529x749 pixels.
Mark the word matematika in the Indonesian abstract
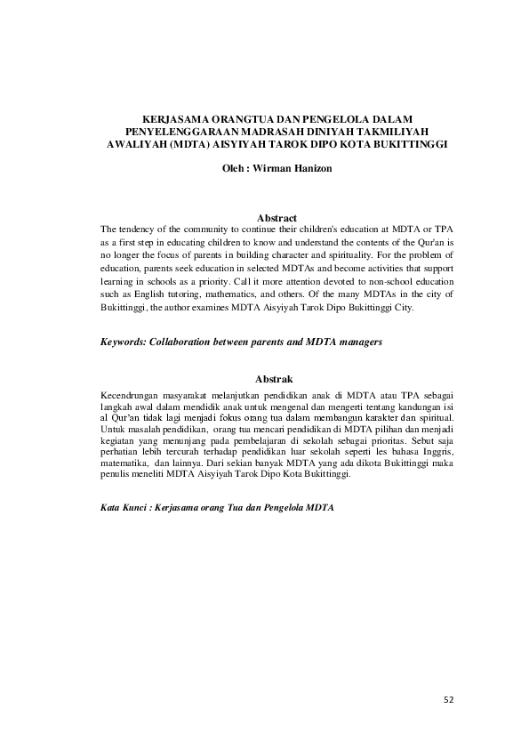pyautogui.click(x=125, y=463)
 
